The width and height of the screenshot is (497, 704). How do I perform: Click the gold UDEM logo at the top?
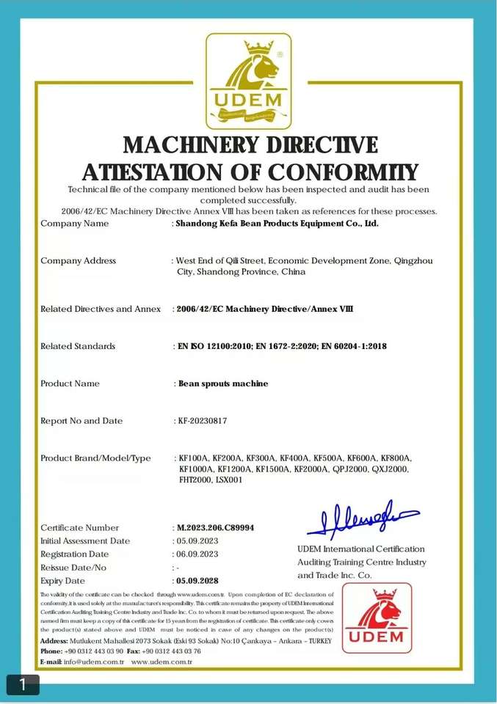(x=248, y=80)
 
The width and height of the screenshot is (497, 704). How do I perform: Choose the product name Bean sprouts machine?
(x=224, y=384)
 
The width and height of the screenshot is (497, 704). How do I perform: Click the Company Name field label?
(x=74, y=224)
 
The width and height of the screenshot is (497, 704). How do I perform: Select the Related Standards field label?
(x=78, y=346)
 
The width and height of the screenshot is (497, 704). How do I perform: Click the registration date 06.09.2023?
(x=197, y=554)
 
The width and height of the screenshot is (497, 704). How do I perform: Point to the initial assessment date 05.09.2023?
(x=197, y=540)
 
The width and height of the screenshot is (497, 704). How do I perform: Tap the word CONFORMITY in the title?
(x=342, y=172)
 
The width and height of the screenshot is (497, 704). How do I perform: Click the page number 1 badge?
(x=22, y=684)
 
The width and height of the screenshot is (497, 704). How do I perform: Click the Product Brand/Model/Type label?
(x=95, y=458)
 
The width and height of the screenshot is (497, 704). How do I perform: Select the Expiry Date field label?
(x=62, y=581)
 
